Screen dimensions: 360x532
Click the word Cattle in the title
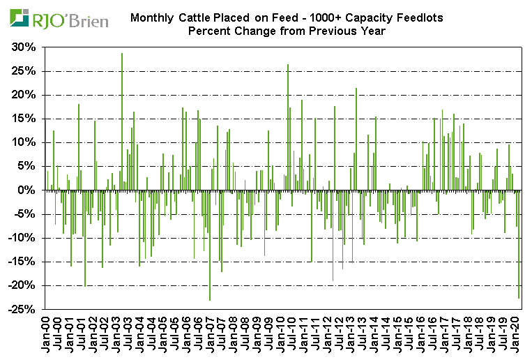pos(209,17)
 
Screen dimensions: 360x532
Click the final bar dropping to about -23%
pos(519,244)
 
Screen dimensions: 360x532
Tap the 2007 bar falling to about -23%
pos(210,245)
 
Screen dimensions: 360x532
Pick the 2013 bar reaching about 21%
pos(356,139)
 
